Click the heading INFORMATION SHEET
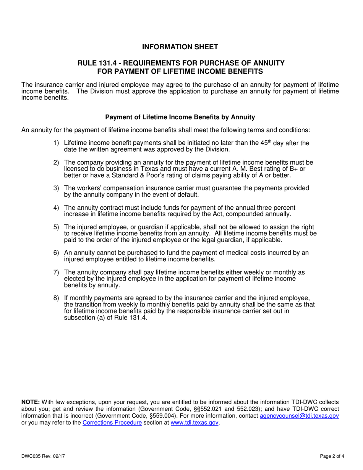click(180, 47)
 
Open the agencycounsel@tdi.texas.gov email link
click(299, 416)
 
